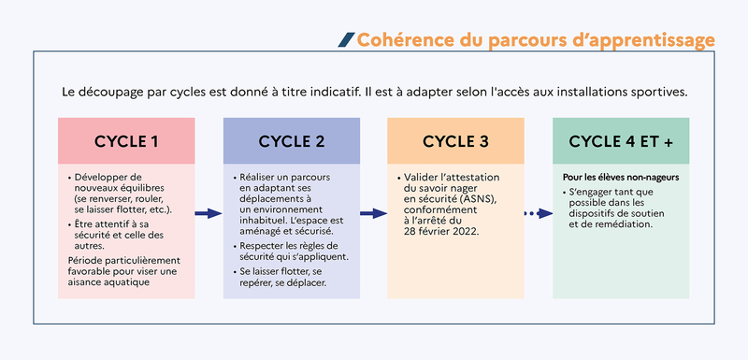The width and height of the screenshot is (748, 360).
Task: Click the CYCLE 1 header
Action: (126, 142)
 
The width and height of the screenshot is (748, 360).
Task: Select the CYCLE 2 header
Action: (292, 142)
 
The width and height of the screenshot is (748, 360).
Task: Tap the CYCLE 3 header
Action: (455, 142)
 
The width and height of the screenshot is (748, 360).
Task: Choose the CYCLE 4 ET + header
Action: (621, 142)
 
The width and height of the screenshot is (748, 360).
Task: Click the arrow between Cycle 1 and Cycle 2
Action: (209, 213)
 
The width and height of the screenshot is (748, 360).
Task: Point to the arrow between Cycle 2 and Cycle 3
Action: (373, 213)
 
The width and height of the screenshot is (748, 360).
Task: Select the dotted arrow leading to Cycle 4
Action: (538, 213)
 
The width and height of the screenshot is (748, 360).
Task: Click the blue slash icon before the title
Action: (346, 39)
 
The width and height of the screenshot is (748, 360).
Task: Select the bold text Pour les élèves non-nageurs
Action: (620, 176)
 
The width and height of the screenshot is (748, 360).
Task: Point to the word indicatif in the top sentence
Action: (325, 93)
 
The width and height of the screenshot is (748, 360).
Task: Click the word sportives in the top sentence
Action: (661, 93)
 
